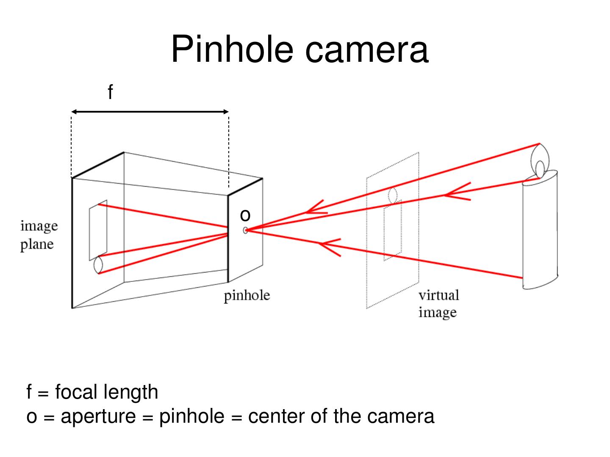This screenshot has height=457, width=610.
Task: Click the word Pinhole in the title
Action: coord(232,49)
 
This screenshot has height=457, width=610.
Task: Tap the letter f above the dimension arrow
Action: coord(110,91)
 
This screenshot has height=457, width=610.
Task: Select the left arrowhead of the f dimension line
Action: coord(74,112)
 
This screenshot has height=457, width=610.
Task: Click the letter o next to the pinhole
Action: coord(245,215)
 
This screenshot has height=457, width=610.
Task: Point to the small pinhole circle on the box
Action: coord(245,230)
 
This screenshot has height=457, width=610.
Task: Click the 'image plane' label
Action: coord(39,235)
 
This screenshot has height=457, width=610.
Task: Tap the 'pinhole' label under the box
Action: coord(247,295)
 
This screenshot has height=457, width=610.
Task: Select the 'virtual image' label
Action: coord(438,303)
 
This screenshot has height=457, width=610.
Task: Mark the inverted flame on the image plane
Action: coord(98,265)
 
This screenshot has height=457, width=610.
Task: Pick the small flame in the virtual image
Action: coord(393,195)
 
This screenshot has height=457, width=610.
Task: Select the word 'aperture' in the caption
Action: coord(98,416)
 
